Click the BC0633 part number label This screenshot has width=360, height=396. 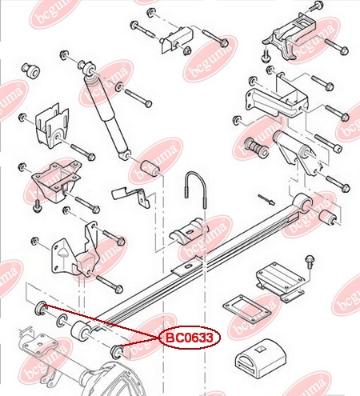[x=190, y=338]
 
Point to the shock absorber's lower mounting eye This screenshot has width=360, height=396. [x=125, y=155]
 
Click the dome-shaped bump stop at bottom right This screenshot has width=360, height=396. [x=261, y=358]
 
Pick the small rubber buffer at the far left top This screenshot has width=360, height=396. [x=30, y=70]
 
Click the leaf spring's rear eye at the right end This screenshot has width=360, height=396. [x=302, y=201]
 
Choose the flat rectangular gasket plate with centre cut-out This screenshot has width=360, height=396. [x=247, y=309]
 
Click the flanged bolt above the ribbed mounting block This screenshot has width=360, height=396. [x=310, y=262]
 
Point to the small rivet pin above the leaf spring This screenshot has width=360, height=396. [x=266, y=200]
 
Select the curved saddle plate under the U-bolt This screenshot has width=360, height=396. [x=189, y=231]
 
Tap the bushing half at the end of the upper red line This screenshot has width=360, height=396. [x=41, y=308]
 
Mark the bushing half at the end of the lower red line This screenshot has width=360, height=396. [x=117, y=351]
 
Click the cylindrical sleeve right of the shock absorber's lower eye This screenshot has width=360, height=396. [x=150, y=169]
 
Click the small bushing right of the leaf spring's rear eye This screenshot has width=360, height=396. [x=328, y=216]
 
